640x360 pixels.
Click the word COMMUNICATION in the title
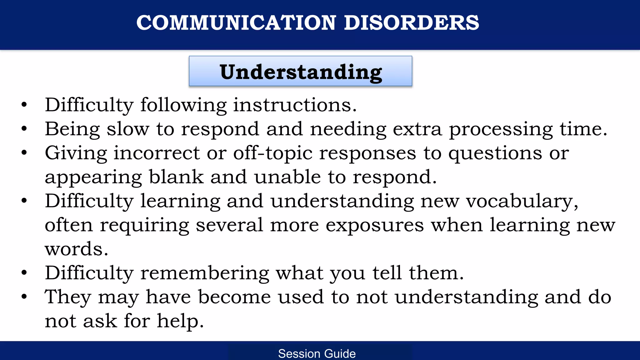coord(236,23)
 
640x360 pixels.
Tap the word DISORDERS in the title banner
coord(411,23)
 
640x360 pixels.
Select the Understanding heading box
coord(300,72)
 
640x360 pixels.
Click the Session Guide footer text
coord(317,353)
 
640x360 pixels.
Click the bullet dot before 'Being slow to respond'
coord(24,129)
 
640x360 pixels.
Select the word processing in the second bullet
coord(501,129)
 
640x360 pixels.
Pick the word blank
coord(176,177)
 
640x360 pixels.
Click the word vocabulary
coord(522,201)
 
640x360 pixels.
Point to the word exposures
coord(374,225)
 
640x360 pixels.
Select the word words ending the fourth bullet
coord(76,249)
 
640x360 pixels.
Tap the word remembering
coord(205,273)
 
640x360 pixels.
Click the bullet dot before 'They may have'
coord(24,297)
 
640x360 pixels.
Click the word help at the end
coord(180,321)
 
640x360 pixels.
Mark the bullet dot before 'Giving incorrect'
coord(24,153)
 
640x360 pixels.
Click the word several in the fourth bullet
coord(229,225)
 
